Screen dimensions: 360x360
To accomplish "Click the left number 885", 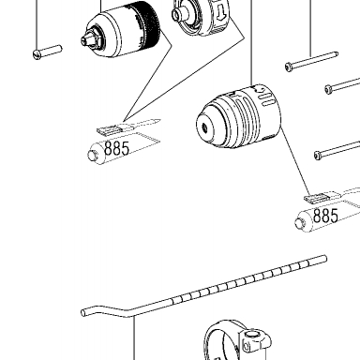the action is [116, 148].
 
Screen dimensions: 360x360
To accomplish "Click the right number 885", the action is [325, 216].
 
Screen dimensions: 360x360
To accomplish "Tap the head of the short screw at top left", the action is [37, 55].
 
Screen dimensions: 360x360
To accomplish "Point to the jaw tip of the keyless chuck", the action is [85, 39].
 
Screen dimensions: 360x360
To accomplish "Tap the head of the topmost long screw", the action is [289, 67].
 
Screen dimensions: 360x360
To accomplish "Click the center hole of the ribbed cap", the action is [205, 127].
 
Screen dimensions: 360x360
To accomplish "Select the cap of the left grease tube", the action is [92, 155].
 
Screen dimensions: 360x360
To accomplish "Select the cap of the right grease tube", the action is [300, 223].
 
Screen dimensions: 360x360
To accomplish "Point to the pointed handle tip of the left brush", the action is [158, 120].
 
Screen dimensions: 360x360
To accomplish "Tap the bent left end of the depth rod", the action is [83, 312].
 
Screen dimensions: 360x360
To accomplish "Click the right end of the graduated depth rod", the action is [325, 259].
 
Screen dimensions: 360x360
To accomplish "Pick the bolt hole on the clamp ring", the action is [251, 336].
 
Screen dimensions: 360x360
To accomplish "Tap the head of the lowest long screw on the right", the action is [318, 155].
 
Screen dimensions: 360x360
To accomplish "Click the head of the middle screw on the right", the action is [328, 89].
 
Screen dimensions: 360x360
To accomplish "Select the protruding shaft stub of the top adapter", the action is [178, 14].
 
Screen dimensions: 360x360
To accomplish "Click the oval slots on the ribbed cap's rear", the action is [266, 97].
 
